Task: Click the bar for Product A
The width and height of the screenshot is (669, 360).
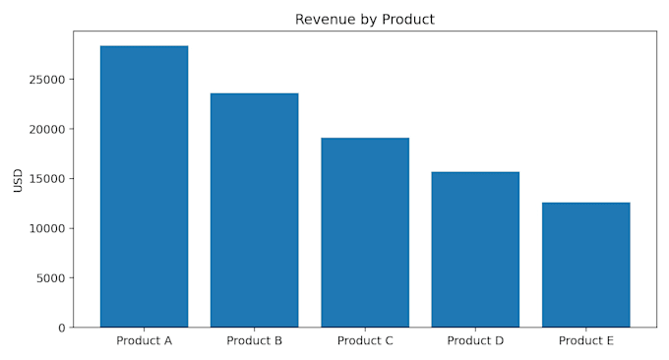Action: tap(145, 187)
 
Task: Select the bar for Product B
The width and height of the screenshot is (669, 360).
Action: tap(254, 210)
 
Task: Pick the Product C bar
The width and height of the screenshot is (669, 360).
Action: tap(365, 232)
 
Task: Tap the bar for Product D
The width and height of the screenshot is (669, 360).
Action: tap(475, 250)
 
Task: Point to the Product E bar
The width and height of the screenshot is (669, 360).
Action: tap(586, 265)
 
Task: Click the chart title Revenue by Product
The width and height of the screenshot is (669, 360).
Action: tap(365, 20)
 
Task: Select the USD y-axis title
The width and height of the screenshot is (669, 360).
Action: tap(18, 180)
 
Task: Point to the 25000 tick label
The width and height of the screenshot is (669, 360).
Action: tap(47, 80)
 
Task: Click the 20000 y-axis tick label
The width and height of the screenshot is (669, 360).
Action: tap(47, 129)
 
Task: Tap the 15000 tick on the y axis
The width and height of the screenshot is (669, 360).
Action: tap(47, 179)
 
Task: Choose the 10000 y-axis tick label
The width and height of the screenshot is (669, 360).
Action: tap(47, 228)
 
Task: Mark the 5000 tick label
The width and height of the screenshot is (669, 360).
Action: tap(51, 278)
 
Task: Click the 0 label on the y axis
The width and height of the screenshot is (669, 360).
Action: tap(62, 328)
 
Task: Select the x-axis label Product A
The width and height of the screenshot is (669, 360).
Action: tap(145, 340)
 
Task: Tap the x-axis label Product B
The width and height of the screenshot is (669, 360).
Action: tap(254, 340)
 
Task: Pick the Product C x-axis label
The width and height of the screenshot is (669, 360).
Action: tap(365, 340)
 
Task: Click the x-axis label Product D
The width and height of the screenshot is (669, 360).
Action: tap(475, 340)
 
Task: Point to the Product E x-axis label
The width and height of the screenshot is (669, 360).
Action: tap(586, 340)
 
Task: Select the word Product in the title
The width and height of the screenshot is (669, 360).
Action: tap(408, 20)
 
